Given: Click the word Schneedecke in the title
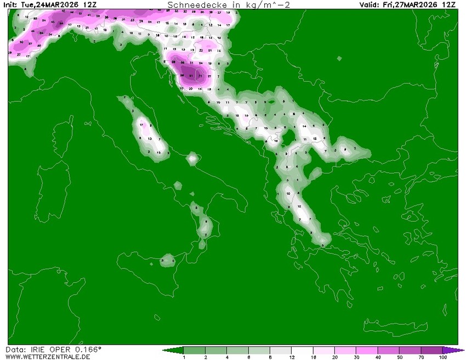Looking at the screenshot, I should click(189, 4).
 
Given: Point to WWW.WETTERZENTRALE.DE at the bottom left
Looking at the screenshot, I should click(48, 357).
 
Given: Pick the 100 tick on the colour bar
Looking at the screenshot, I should click(443, 357).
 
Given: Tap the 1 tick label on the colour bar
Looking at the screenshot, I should click(184, 357).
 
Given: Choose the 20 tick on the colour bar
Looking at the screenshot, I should click(335, 357).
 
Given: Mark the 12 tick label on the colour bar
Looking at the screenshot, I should click(292, 357).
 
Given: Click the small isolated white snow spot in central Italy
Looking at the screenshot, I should click(192, 159).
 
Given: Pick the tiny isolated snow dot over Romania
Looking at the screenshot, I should click(339, 59).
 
